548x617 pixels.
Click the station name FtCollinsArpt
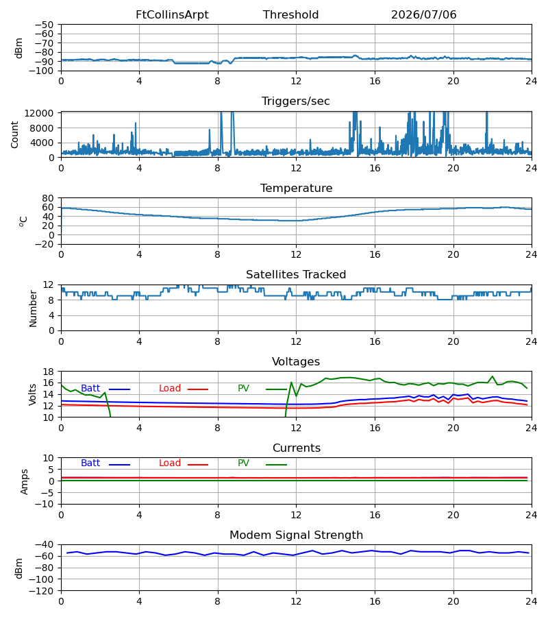coord(172,15)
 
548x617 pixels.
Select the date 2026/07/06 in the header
coord(423,15)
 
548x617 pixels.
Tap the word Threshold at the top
coord(290,15)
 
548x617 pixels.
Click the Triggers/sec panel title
coord(296,101)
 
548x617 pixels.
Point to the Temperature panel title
coord(296,188)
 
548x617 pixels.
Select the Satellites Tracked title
coord(296,275)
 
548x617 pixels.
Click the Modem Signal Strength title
coord(296,535)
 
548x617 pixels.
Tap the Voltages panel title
coord(296,361)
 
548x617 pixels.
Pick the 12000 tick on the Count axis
coord(39,113)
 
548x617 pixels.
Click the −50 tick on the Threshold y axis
coord(45,25)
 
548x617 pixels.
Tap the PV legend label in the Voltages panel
coord(243,389)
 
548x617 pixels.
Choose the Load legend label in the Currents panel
coord(170,463)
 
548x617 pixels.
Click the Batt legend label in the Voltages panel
coord(90,389)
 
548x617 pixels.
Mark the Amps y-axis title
coord(25,481)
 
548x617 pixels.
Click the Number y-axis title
coord(33,308)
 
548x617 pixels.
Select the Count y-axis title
coord(14,134)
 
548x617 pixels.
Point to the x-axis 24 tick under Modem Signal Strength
coord(532,602)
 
